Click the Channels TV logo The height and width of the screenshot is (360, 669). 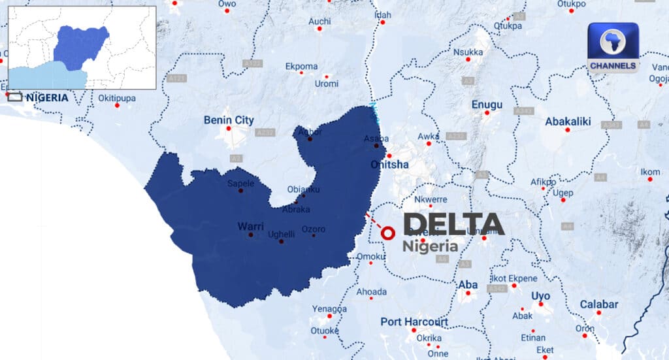pos(612,47)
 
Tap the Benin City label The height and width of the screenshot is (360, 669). pos(229,120)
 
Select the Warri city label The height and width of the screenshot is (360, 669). pos(250,227)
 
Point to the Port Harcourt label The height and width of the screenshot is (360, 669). pos(414,322)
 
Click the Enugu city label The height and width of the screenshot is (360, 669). pos(487,105)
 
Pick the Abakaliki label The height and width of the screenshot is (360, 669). pos(568,121)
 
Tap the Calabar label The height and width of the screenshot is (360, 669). pos(599,304)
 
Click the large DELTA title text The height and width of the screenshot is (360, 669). pos(454,224)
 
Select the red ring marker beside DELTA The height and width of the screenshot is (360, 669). pos(388,233)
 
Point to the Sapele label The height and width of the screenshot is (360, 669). pos(240,184)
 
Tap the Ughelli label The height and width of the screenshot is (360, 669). pos(282,234)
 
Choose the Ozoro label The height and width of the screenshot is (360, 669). pos(313,229)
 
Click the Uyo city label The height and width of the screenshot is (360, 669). pos(540,296)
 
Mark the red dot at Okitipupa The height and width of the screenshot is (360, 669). pos(117,105)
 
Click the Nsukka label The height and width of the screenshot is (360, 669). pos(468,52)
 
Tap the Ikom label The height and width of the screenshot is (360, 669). pos(650,172)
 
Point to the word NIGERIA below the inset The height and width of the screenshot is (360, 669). pos(47,97)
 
